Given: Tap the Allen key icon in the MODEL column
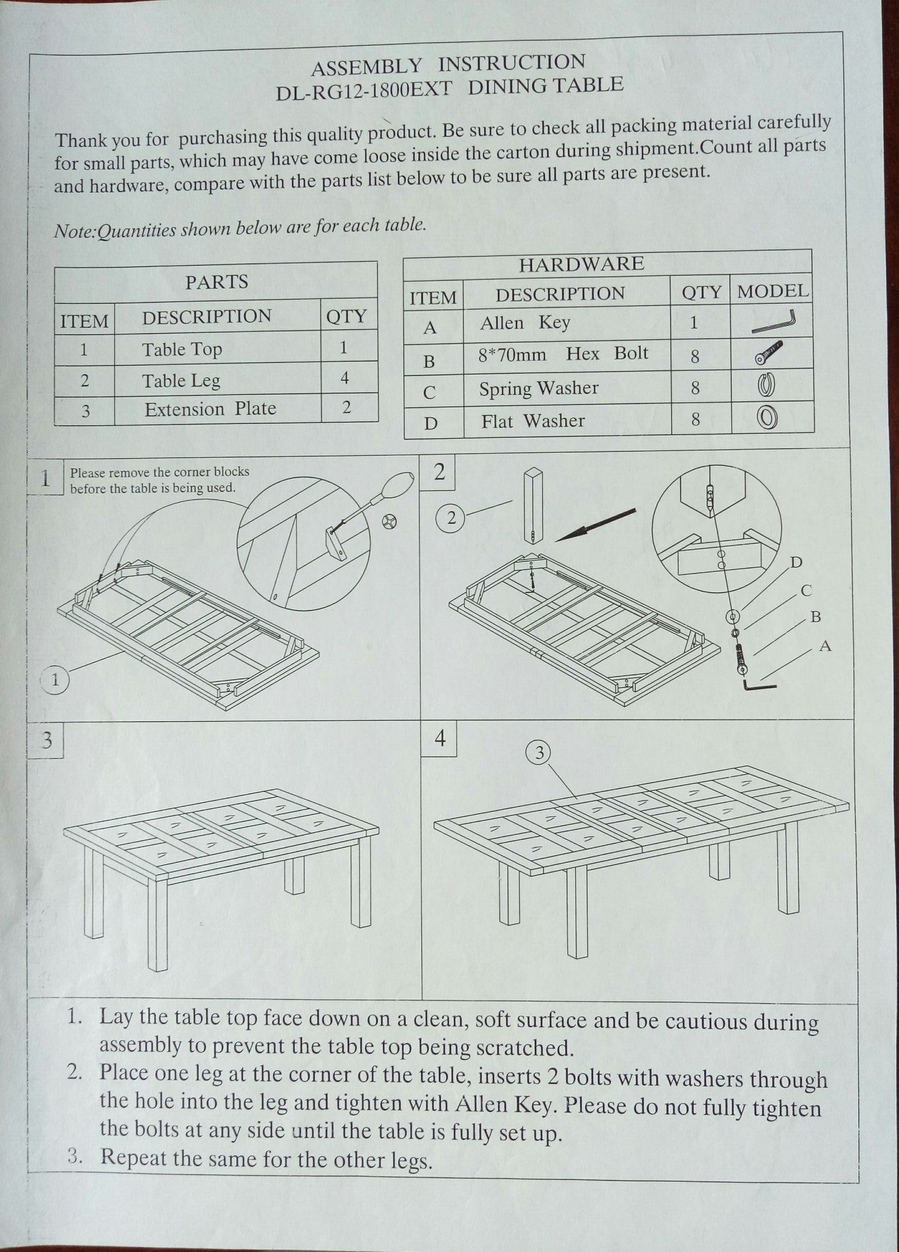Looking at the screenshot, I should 774,322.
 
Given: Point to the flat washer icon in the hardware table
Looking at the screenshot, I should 767,418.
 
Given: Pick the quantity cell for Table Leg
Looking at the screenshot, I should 345,378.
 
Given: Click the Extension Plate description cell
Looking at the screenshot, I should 210,409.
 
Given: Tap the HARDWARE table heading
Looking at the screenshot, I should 581,264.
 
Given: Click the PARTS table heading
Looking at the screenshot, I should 216,282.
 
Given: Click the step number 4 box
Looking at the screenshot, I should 440,738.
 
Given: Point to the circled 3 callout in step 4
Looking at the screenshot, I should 539,754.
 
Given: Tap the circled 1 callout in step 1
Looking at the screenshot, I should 56,681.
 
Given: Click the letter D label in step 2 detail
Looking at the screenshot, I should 796,562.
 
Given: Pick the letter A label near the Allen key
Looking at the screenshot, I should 825,647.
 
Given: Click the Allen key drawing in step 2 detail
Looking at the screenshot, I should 758,685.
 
